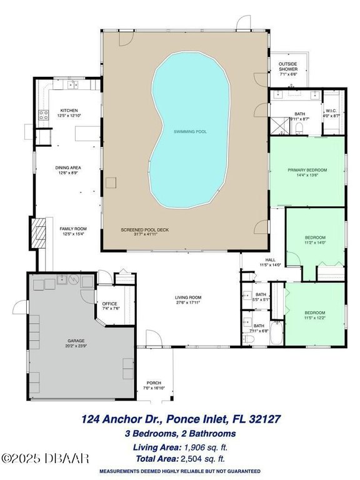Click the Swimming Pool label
coord(191,132)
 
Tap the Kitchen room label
coord(68,109)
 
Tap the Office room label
coord(109,304)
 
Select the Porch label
coord(154,383)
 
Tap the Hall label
coord(270,260)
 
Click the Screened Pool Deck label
coord(145,230)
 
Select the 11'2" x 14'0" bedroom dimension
coord(315,244)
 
